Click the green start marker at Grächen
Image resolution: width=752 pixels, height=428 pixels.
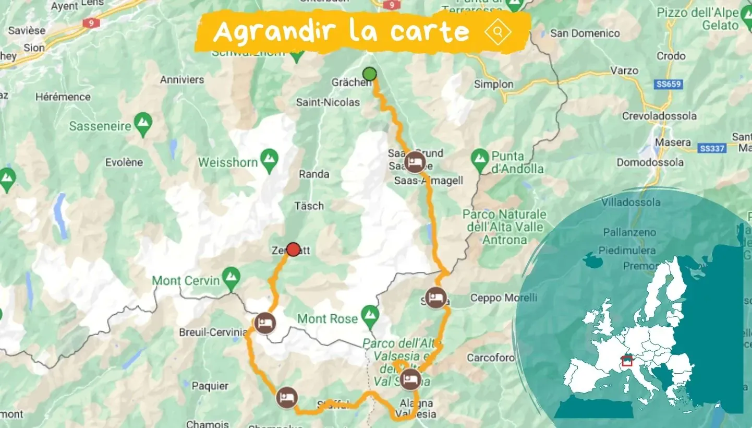point(370,74)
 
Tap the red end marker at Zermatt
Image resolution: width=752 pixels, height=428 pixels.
point(294,249)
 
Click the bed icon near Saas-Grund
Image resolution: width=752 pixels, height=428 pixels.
point(415,162)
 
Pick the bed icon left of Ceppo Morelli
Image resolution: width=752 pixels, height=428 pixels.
point(435,298)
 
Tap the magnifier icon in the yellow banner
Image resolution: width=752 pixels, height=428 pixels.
point(498,32)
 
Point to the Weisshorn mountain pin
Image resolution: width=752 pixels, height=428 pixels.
point(269,161)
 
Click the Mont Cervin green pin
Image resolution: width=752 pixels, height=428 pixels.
point(231,279)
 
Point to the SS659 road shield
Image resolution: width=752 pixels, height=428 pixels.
point(669,84)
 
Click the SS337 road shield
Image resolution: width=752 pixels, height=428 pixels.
point(712,149)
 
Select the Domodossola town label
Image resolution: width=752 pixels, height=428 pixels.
point(650,162)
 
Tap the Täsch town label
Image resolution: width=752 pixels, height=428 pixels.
point(309,206)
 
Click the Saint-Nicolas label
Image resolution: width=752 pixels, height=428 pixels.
point(328,102)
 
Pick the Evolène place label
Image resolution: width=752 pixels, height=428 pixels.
point(124,162)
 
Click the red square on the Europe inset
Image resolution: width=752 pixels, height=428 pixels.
point(627,361)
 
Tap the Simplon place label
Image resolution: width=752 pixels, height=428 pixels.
point(494,84)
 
